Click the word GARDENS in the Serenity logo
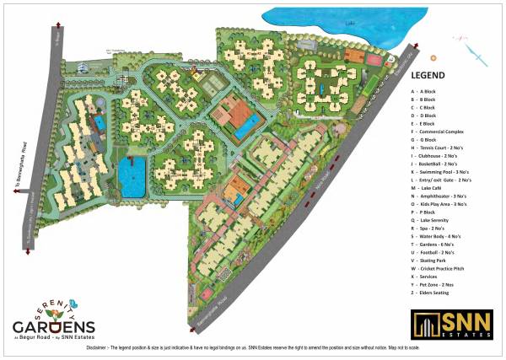click(53, 325)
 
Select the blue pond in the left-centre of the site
click(131, 176)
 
